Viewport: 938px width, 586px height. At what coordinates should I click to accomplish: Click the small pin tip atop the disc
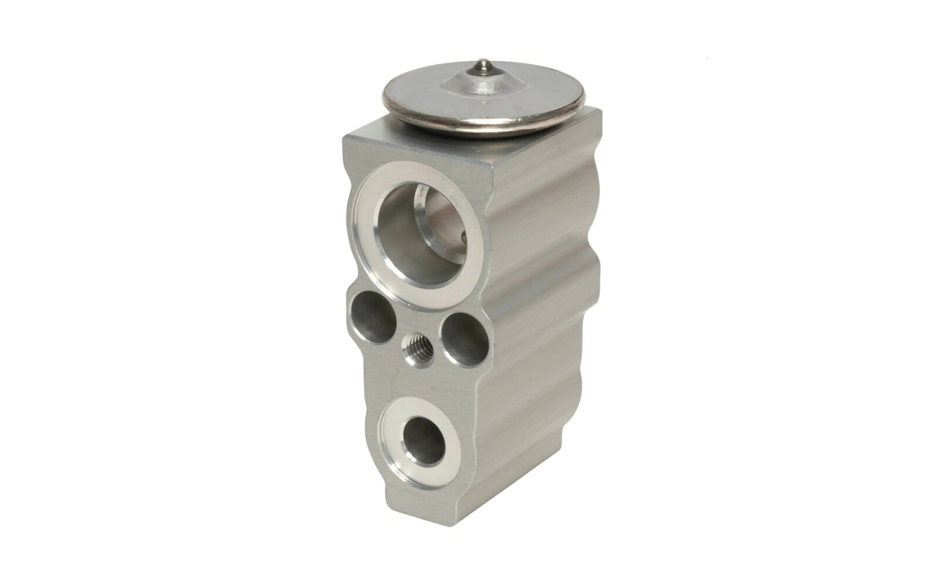[x=483, y=63]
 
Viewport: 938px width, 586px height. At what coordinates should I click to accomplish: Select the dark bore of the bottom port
[x=424, y=440]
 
